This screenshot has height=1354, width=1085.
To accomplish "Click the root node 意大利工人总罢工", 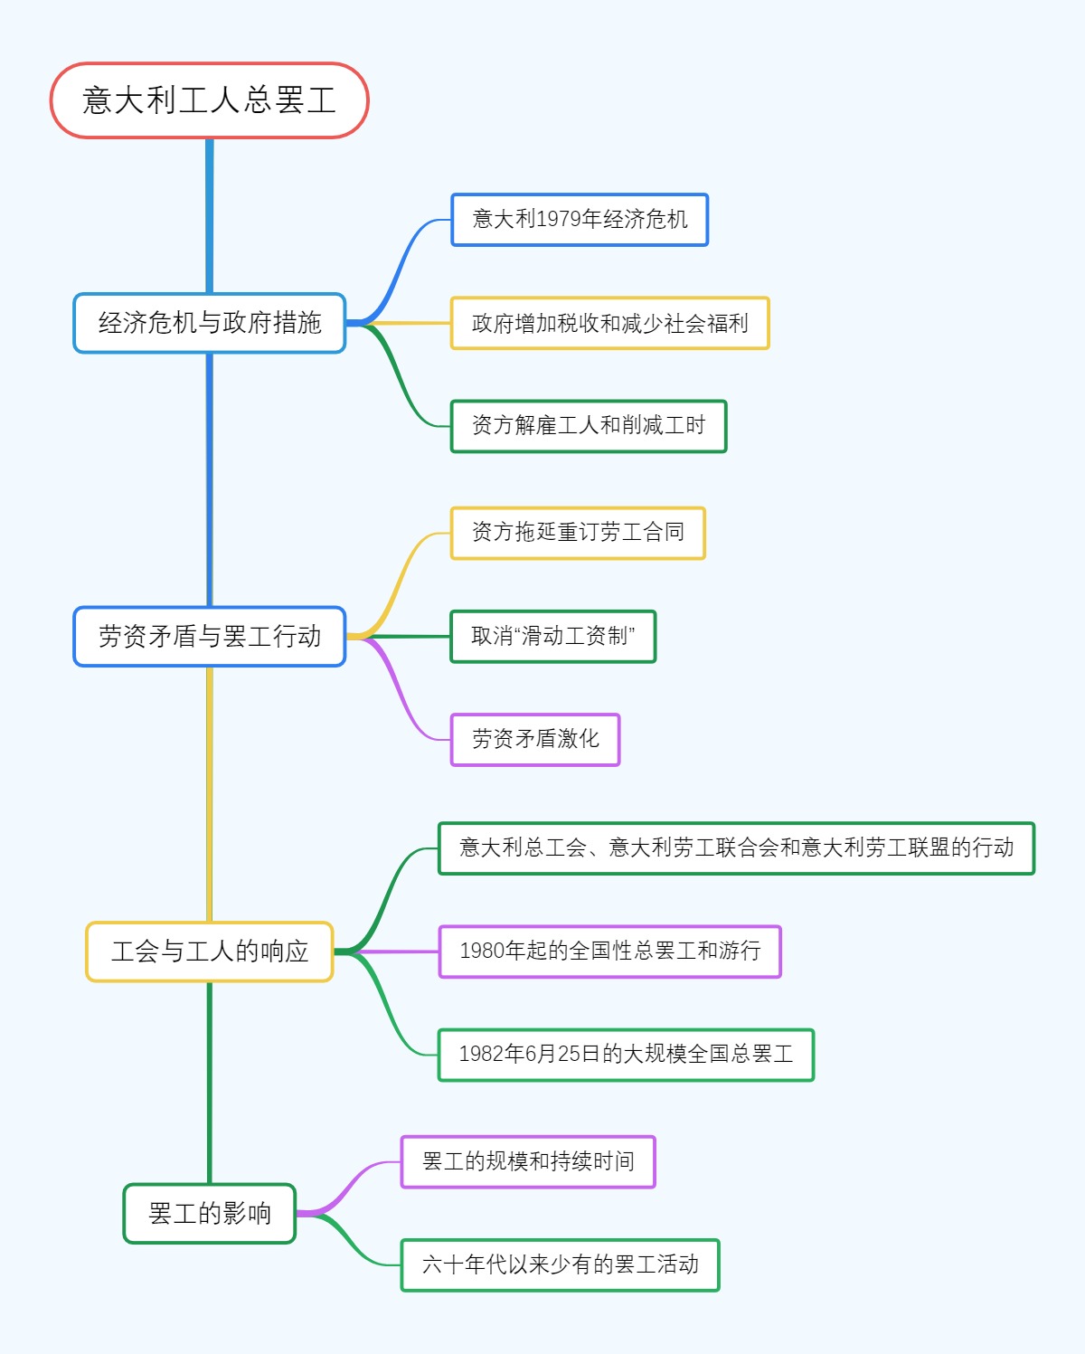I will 209,100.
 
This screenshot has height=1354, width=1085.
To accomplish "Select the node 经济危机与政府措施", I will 209,323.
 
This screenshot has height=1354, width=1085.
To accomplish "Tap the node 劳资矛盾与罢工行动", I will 209,637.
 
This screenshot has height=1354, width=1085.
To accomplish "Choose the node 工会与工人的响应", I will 209,952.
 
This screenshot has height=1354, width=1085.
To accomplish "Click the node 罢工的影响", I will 209,1214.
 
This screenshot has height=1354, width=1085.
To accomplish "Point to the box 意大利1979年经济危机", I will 579,220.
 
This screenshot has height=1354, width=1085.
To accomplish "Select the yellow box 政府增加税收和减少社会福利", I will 609,323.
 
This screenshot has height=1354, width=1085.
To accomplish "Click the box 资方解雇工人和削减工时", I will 588,426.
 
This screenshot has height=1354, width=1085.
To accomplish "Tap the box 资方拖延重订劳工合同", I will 577,533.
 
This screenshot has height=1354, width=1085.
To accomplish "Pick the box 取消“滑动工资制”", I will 552,637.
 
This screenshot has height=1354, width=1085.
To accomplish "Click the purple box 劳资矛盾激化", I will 534,740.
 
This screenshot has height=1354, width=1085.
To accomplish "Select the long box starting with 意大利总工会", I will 736,848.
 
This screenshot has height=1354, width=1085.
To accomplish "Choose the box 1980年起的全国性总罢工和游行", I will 609,952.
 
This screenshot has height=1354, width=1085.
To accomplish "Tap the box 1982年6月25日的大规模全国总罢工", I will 626,1055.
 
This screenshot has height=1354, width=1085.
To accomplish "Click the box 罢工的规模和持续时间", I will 528,1161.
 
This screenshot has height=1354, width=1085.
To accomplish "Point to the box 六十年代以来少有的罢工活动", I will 560,1264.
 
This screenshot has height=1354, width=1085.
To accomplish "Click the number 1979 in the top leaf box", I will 558,220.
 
